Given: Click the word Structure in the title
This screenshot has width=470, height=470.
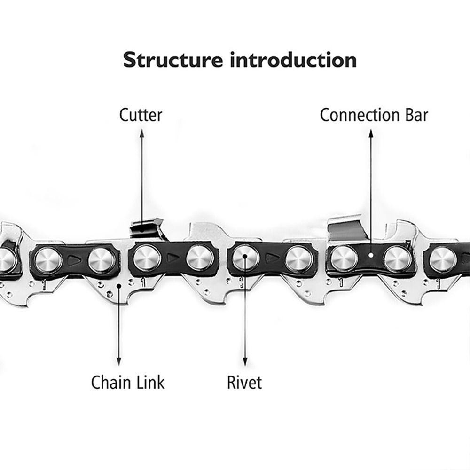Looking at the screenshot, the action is click(x=173, y=60).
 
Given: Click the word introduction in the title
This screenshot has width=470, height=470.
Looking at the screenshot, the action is click(x=293, y=60).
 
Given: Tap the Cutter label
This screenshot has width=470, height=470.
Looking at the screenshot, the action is click(x=141, y=115).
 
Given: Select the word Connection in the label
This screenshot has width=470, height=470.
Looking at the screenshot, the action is click(x=359, y=115).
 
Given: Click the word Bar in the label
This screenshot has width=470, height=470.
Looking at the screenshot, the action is click(x=416, y=115).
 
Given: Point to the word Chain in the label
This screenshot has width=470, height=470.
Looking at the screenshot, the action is click(x=110, y=383).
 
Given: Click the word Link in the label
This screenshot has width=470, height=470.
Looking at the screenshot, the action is click(x=150, y=383).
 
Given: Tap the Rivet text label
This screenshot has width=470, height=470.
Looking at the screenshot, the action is click(x=244, y=383).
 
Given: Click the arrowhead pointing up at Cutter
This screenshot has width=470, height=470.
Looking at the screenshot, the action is click(x=142, y=133).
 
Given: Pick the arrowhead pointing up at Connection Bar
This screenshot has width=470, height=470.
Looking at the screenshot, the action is click(x=371, y=133).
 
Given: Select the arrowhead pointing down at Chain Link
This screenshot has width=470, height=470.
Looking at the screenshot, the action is click(x=119, y=361).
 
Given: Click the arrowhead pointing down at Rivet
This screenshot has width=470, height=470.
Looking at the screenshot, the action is click(x=245, y=361).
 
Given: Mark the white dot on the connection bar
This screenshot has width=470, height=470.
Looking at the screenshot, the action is click(x=371, y=255).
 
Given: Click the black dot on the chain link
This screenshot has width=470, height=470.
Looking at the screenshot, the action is click(x=119, y=286).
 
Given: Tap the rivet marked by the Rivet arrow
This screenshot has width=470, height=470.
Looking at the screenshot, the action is click(x=245, y=257).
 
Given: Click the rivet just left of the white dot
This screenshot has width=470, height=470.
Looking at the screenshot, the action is click(x=344, y=258).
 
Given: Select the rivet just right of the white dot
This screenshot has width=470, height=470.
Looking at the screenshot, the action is click(x=398, y=259).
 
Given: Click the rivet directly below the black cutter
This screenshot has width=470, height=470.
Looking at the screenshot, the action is click(x=147, y=258).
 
